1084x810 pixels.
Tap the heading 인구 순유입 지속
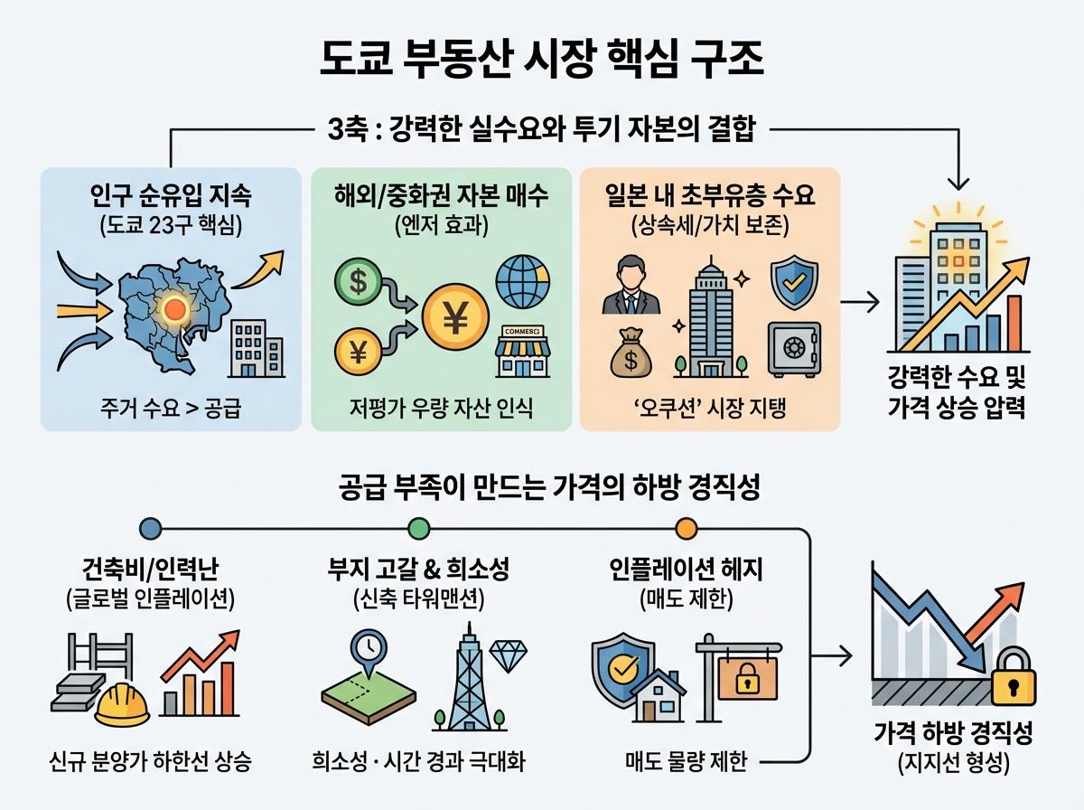pos(170,194)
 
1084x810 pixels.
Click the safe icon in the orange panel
pos(793,348)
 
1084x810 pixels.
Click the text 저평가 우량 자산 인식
pos(442,409)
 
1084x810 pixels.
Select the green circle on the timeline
pos(418,526)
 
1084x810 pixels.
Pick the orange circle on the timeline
pos(686,526)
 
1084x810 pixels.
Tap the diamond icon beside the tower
pos(508,653)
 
